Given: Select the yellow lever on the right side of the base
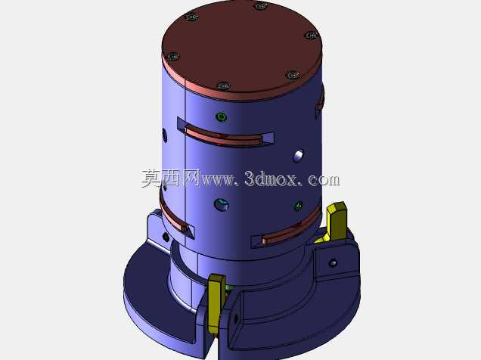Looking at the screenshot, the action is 335,222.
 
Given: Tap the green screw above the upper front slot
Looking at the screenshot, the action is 221,116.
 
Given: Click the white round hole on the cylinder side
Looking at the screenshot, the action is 298,156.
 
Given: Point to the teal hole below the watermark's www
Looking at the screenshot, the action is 221,204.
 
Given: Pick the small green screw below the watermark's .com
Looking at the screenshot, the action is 298,206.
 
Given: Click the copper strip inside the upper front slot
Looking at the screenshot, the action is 223,137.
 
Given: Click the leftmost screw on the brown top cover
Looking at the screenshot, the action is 173,57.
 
